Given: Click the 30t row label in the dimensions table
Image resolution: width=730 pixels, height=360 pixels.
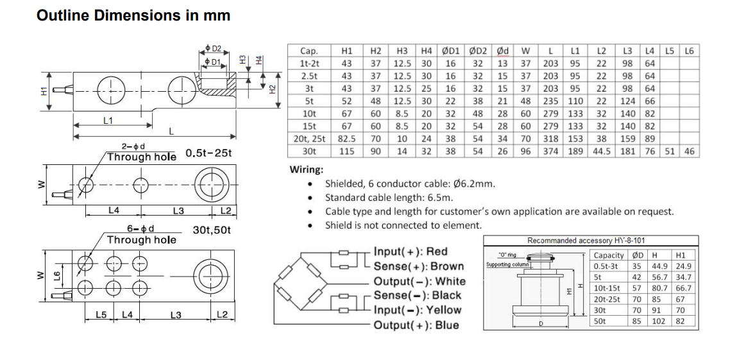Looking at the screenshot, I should coord(309,151).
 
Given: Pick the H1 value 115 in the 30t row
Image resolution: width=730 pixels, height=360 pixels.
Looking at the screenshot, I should coord(347,151).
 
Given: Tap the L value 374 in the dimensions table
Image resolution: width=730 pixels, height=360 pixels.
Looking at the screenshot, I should coord(550,151).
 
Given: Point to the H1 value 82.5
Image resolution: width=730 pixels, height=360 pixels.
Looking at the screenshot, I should coord(347,139).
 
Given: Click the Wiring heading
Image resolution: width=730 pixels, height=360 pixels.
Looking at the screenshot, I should coord(307,170).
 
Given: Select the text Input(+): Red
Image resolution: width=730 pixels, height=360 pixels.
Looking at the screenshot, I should coord(411,252).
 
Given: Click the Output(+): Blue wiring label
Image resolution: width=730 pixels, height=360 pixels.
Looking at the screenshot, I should coord(416,325).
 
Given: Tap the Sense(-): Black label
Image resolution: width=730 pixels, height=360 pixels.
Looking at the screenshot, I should coord(418,295).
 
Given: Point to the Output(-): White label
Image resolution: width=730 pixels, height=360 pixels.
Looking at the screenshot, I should coord(420,281).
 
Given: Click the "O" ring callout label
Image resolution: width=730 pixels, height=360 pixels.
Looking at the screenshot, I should coord(507,255).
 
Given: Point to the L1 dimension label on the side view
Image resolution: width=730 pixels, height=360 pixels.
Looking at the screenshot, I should coord(108,120).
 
